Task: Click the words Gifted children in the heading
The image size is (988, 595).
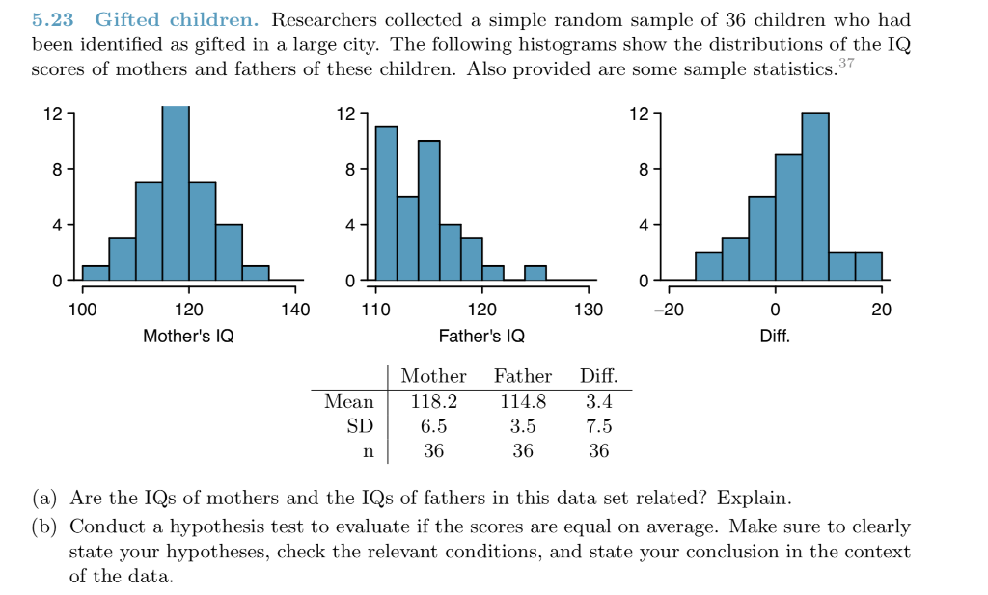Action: [x=177, y=20]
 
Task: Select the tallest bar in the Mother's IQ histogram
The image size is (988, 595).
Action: [x=176, y=193]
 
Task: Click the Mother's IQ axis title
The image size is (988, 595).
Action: [x=188, y=337]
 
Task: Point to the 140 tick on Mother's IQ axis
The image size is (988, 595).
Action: [x=294, y=311]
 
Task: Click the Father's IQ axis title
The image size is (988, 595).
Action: [x=481, y=337]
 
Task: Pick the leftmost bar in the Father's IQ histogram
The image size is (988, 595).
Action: [x=386, y=203]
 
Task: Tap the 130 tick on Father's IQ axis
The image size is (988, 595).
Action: [x=588, y=311]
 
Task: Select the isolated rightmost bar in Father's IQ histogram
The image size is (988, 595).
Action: [x=535, y=272]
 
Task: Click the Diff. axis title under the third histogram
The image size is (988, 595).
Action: [x=775, y=337]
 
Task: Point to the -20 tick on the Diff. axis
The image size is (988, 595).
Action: [x=669, y=311]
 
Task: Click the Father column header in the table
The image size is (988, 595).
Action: [x=523, y=376]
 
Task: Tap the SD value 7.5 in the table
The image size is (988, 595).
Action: [x=598, y=426]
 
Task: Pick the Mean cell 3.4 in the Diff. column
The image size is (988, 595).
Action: [x=598, y=401]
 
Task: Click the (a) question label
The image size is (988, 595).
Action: [x=43, y=499]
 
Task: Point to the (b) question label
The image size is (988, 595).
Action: [x=43, y=527]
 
